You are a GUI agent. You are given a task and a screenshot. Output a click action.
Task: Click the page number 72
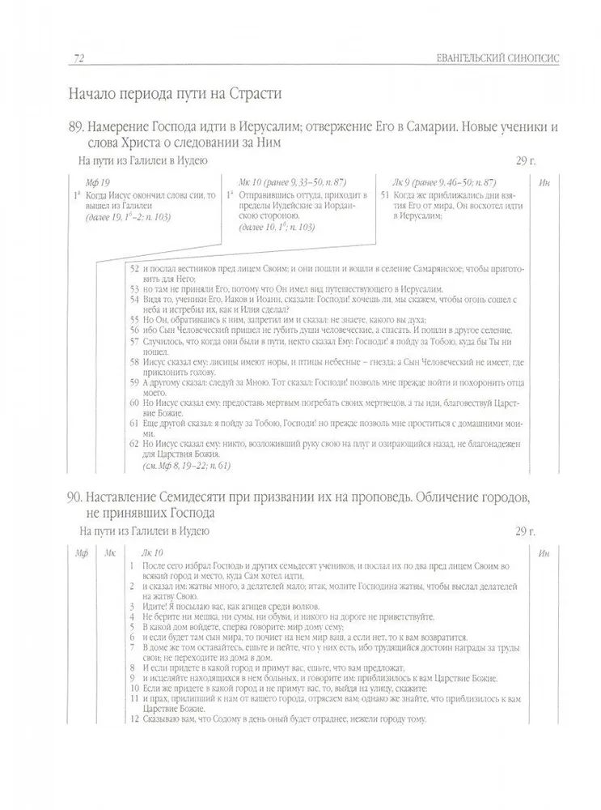coord(78,58)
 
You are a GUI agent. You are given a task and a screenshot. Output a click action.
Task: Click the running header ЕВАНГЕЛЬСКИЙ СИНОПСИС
coord(495,58)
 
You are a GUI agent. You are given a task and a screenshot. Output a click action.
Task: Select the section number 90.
coord(78,495)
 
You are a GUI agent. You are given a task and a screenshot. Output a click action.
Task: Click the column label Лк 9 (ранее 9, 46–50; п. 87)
coord(444,184)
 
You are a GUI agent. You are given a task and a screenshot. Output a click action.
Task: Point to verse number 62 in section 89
coord(135,445)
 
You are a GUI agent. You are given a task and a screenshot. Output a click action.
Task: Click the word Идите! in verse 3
coord(154,606)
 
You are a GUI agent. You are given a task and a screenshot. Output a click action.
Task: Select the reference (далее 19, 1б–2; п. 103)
coord(123,217)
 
